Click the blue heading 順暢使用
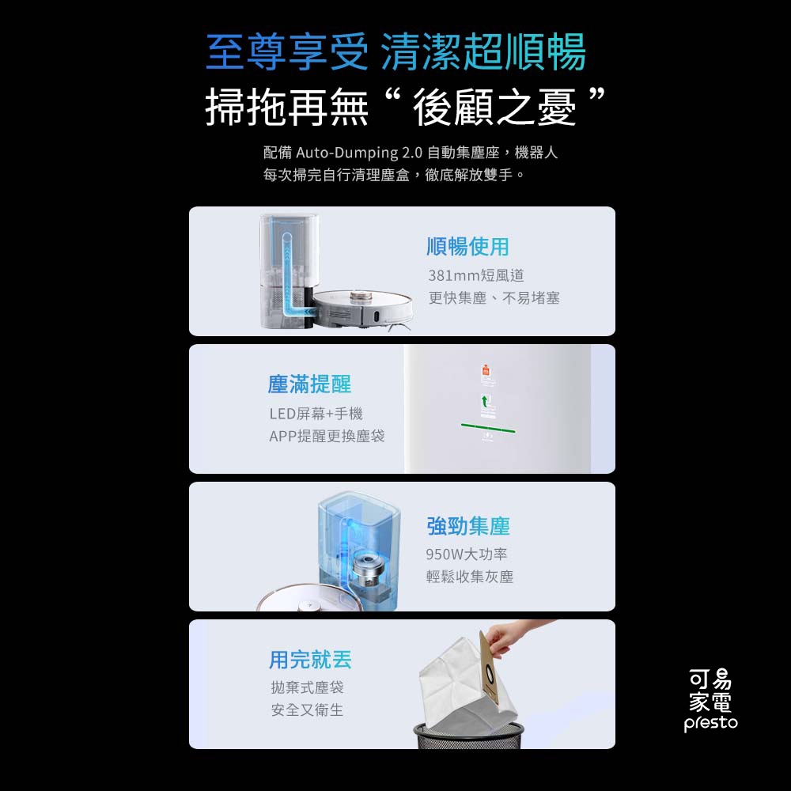(467, 247)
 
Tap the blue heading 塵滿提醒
(309, 384)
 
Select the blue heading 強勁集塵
(467, 526)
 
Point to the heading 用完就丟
(310, 660)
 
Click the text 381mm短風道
(476, 275)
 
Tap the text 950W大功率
(467, 554)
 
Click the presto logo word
(710, 723)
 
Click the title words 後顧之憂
(495, 107)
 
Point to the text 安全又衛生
(307, 710)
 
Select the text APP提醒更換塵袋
(327, 436)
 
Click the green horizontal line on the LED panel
(488, 428)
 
